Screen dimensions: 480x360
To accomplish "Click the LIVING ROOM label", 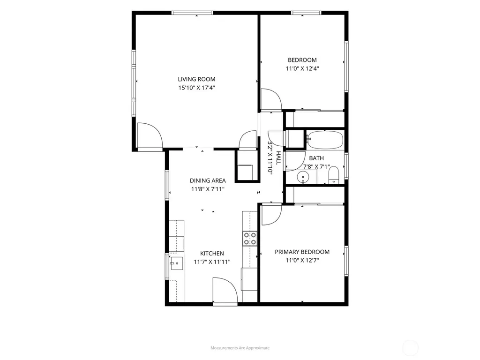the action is (196, 79).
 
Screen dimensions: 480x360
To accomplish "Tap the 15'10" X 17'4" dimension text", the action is (196, 88).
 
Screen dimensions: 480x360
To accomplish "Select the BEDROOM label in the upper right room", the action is (302, 60).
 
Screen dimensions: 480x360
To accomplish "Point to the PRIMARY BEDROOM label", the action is (302, 252).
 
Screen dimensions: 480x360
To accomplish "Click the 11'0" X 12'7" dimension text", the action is (302, 261).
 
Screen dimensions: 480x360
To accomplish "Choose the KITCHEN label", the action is (212, 254).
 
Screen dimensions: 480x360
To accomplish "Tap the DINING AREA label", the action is (208, 180).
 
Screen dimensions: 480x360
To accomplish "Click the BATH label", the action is (316, 158).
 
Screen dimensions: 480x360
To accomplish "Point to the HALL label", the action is (278, 158).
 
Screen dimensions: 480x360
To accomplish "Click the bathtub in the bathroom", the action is (325, 140).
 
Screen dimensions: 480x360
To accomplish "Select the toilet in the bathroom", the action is (334, 175).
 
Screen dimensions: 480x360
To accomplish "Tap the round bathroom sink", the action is (303, 177).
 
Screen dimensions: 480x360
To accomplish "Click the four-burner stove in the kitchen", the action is (250, 239).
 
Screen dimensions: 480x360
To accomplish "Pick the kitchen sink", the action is (177, 263).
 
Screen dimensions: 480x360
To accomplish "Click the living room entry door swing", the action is (150, 136).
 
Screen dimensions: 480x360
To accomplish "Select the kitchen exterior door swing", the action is (225, 290).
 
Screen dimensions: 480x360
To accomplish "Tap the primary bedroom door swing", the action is (271, 215).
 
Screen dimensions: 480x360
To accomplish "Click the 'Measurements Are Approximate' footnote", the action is (240, 348).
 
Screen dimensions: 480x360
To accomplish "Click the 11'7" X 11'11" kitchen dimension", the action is (212, 262).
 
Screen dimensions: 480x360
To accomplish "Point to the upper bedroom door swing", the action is (271, 99).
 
